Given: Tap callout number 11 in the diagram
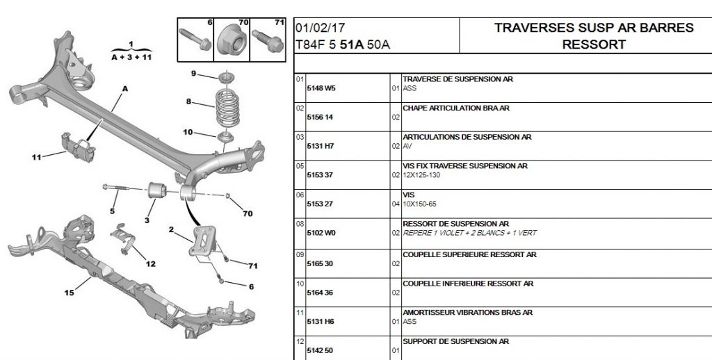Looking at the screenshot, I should [36, 156].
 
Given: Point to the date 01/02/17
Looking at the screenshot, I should [318, 28].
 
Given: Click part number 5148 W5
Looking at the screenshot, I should [321, 88].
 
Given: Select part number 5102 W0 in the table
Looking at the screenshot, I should [321, 233].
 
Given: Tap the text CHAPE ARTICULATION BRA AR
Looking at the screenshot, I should [456, 108].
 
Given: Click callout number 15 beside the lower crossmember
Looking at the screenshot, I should [69, 293].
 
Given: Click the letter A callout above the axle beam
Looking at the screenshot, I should [125, 89].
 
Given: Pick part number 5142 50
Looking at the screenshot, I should [321, 351].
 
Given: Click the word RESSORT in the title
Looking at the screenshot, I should [594, 44].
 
